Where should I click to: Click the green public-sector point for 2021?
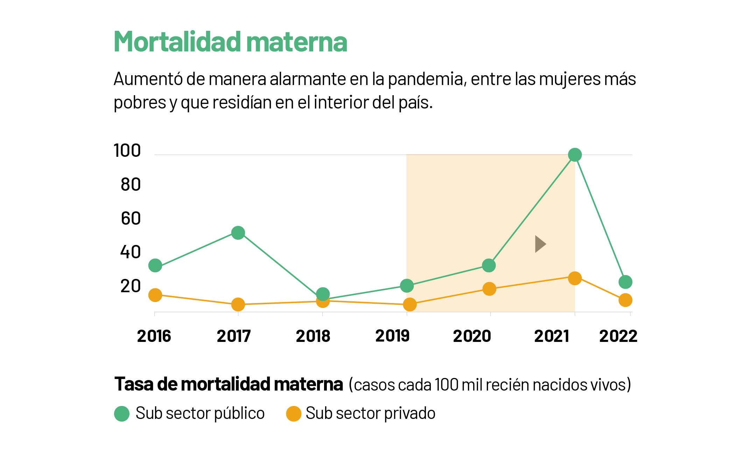(575, 155)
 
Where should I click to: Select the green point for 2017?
(238, 233)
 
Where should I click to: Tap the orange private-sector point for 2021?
(575, 278)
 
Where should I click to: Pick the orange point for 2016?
(155, 295)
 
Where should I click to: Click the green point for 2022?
(625, 282)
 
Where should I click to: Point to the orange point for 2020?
(489, 289)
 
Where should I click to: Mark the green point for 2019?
(407, 286)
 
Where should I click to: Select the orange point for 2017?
(238, 304)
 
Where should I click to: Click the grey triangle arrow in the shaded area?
(540, 244)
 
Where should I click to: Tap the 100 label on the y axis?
(127, 150)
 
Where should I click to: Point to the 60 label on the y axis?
(131, 218)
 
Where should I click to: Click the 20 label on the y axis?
(131, 286)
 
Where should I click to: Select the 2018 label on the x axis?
(313, 336)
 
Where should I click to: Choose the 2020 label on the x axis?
(472, 336)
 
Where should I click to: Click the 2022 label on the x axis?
(618, 336)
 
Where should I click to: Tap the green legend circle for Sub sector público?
(122, 414)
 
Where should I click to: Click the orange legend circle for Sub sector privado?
(294, 414)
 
